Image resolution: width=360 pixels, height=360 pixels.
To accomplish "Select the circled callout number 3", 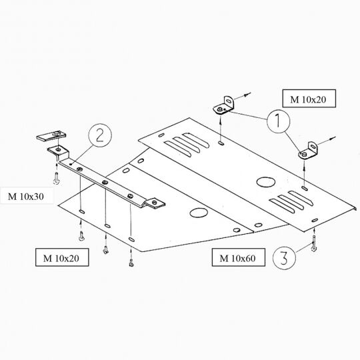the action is tap(284, 258).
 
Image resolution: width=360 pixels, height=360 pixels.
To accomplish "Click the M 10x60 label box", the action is tap(238, 257).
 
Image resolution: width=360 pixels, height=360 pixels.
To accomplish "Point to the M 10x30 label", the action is tap(26, 197).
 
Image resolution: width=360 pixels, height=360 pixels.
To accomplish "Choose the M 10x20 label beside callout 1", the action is tap(309, 99).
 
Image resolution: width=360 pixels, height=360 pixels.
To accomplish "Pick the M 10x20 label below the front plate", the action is tap(62, 257).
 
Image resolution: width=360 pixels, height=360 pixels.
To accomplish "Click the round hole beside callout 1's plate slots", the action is tap(266, 182).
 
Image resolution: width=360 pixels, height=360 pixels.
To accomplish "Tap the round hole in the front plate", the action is tap(199, 213).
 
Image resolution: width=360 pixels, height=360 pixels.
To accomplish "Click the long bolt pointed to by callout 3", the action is tap(313, 243).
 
